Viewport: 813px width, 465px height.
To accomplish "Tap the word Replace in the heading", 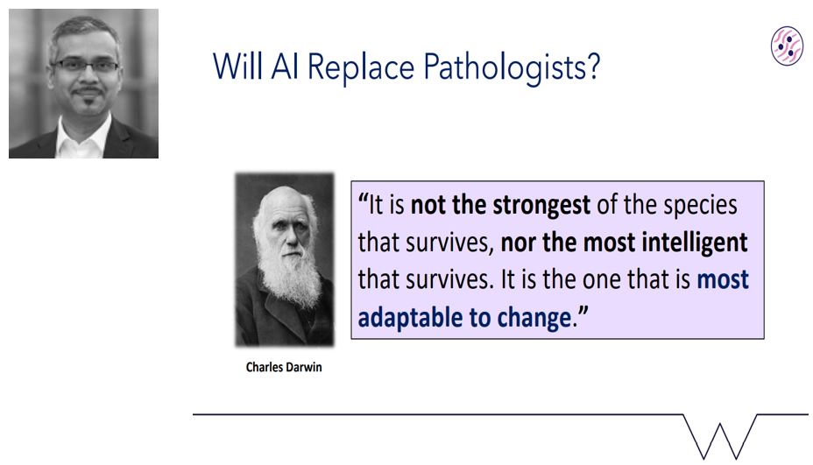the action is [361, 67].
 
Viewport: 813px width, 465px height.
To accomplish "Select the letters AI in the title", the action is [285, 67].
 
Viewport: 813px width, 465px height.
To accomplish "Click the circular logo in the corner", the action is [787, 46].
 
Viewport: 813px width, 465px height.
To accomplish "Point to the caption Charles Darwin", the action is [284, 367].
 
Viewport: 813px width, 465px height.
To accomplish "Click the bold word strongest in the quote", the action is [541, 205].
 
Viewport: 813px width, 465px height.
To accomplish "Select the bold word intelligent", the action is [695, 242].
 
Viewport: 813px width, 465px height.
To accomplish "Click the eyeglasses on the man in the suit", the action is [85, 66].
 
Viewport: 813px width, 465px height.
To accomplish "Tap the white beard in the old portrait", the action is [289, 272].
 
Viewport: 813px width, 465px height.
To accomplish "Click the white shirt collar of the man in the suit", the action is [83, 137].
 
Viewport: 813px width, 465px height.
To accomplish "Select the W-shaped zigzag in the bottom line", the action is [720, 436].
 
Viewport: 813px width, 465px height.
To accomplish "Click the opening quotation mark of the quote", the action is [363, 198].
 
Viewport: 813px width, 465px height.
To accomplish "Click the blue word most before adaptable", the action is [723, 280].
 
